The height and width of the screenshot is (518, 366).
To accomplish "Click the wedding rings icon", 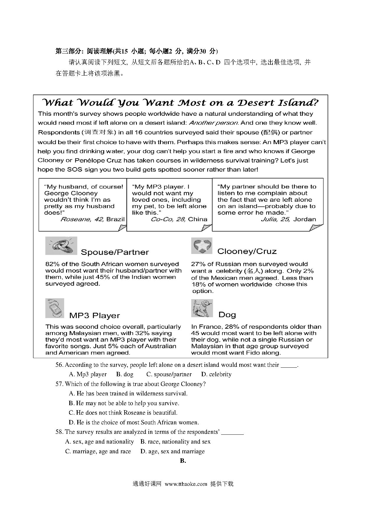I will (x=61, y=246).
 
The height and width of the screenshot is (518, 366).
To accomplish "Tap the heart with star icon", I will (x=202, y=246).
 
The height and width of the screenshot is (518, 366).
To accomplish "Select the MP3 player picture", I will (x=55, y=308).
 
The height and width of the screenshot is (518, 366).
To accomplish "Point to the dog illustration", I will (x=202, y=308).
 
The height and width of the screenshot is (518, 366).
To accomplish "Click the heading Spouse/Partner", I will (x=115, y=252).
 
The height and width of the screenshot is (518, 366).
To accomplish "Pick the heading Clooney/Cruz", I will (x=247, y=251).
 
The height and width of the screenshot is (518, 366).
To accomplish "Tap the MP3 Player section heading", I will (x=94, y=315).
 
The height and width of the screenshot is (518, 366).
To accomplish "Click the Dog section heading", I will (x=227, y=315).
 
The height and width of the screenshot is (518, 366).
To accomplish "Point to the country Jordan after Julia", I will (x=305, y=219).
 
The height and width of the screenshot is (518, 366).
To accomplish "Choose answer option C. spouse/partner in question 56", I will (x=169, y=374).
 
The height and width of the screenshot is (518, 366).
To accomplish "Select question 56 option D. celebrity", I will (x=216, y=374).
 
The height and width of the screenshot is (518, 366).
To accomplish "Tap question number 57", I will (x=59, y=384).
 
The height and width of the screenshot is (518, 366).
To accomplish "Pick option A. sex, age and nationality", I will (x=99, y=442).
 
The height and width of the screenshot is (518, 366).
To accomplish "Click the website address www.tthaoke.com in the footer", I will (x=186, y=484).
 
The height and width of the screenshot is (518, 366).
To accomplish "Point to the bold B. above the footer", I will (x=183, y=461).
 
